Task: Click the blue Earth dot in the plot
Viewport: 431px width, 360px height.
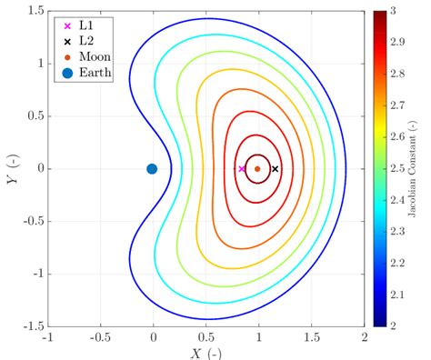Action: click(152, 168)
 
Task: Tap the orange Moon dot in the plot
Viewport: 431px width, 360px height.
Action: click(257, 168)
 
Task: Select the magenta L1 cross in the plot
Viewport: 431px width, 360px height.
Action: click(241, 168)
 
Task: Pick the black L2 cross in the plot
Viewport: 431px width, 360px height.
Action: click(275, 168)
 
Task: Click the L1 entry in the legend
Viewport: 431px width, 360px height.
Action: click(76, 25)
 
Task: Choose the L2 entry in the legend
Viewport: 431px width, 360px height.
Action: click(76, 41)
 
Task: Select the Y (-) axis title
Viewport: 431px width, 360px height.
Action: click(10, 169)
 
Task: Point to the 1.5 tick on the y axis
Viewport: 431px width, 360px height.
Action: click(35, 10)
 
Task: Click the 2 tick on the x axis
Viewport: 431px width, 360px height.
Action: click(363, 337)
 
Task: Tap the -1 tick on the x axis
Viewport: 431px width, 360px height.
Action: click(46, 337)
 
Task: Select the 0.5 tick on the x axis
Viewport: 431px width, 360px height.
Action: click(205, 337)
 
